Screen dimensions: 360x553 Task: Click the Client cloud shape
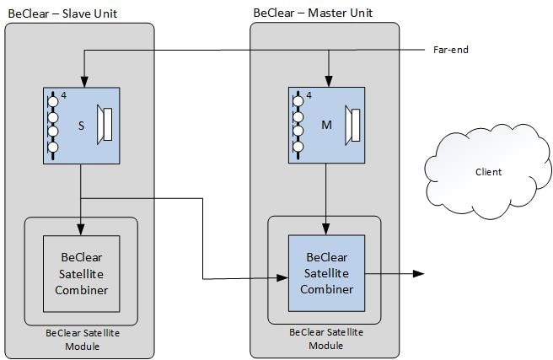(488, 172)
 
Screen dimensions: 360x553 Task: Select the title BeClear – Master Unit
(313, 13)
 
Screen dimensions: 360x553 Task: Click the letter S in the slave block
(81, 126)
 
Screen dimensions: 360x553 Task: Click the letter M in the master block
(327, 126)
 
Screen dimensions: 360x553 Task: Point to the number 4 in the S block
(64, 95)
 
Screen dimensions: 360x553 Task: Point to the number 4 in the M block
(309, 95)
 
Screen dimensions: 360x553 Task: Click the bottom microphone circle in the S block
(53, 148)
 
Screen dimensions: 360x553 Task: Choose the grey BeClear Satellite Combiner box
(82, 273)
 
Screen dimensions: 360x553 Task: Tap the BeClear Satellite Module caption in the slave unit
(83, 339)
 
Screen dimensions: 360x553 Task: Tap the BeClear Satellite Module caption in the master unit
(326, 339)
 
